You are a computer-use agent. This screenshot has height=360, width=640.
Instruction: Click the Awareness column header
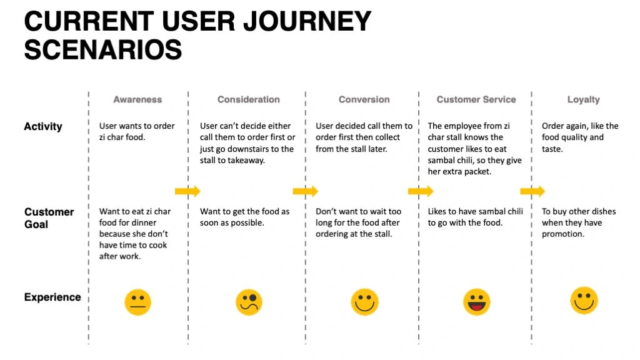click(137, 99)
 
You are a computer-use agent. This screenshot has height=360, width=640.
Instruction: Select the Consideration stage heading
click(249, 99)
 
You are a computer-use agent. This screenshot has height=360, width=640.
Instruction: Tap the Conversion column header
click(364, 99)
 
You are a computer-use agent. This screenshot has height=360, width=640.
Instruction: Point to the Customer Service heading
click(476, 99)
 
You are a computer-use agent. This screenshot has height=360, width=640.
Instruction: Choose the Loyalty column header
click(584, 100)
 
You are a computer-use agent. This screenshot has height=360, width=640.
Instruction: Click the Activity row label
click(43, 126)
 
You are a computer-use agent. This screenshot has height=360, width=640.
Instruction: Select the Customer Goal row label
click(49, 218)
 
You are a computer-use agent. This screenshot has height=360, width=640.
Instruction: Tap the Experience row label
click(52, 297)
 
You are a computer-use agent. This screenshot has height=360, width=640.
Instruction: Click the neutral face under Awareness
click(138, 302)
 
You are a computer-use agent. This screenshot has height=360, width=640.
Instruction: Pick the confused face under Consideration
click(249, 302)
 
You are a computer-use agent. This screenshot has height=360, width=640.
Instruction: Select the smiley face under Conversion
click(364, 302)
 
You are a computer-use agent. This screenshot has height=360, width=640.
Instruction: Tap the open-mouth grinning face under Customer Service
click(476, 302)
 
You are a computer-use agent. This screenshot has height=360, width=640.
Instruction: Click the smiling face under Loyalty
click(584, 301)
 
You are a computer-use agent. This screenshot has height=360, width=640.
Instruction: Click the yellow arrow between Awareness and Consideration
click(187, 191)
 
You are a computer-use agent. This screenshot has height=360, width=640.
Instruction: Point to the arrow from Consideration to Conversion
click(305, 191)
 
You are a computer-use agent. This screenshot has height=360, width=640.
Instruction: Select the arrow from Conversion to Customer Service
click(421, 191)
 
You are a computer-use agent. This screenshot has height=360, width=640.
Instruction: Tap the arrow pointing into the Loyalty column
click(532, 191)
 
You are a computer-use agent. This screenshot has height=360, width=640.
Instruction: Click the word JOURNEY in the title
click(307, 21)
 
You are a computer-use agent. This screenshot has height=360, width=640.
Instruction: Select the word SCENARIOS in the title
click(103, 50)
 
